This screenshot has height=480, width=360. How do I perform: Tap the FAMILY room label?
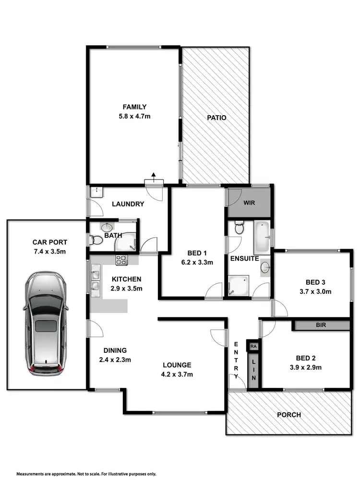pyautogui.click(x=134, y=107)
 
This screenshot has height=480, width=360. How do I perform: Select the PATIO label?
pyautogui.click(x=216, y=118)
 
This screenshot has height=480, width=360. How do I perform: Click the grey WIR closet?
pyautogui.click(x=249, y=202)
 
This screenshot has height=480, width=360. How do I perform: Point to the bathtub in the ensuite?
pyautogui.click(x=262, y=237)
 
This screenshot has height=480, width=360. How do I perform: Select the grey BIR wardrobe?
pyautogui.click(x=321, y=325)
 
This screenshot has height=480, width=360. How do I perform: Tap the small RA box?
pyautogui.click(x=252, y=345)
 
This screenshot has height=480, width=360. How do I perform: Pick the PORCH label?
pyautogui.click(x=289, y=415)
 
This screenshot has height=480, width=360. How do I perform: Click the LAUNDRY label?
pyautogui.click(x=128, y=204)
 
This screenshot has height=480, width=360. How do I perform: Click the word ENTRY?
pyautogui.click(x=236, y=356)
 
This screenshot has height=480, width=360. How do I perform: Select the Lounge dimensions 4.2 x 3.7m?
pyautogui.click(x=177, y=374)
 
